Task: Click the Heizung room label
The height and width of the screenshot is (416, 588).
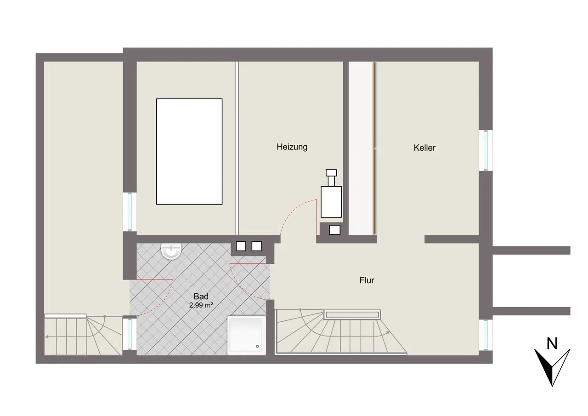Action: tap(292, 147)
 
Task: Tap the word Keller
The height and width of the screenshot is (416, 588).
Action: tap(424, 148)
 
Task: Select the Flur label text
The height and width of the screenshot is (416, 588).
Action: tap(367, 280)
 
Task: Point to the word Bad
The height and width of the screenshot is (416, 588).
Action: tap(201, 296)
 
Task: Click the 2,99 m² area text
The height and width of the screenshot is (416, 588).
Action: tap(201, 305)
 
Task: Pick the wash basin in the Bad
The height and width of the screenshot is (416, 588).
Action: tap(171, 251)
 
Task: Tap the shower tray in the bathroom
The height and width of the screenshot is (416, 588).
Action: tap(247, 336)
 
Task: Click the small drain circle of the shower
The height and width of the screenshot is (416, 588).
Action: tap(257, 347)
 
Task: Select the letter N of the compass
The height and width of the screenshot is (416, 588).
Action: tap(552, 344)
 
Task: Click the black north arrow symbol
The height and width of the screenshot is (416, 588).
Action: tap(552, 368)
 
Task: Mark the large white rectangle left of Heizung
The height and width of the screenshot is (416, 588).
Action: tap(189, 152)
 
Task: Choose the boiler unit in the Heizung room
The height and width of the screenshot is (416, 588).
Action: tap(331, 194)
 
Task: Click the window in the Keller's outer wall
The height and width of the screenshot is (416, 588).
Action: tap(486, 150)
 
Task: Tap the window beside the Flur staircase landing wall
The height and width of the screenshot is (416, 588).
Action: tap(486, 335)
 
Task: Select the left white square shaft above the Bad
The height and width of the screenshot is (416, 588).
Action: tap(241, 246)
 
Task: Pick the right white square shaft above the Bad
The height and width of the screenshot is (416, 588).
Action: tap(256, 246)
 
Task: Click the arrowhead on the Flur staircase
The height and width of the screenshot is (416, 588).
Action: tap(388, 333)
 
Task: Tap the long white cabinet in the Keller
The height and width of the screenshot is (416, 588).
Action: tap(361, 148)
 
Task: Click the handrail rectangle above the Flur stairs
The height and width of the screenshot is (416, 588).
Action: tap(352, 314)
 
